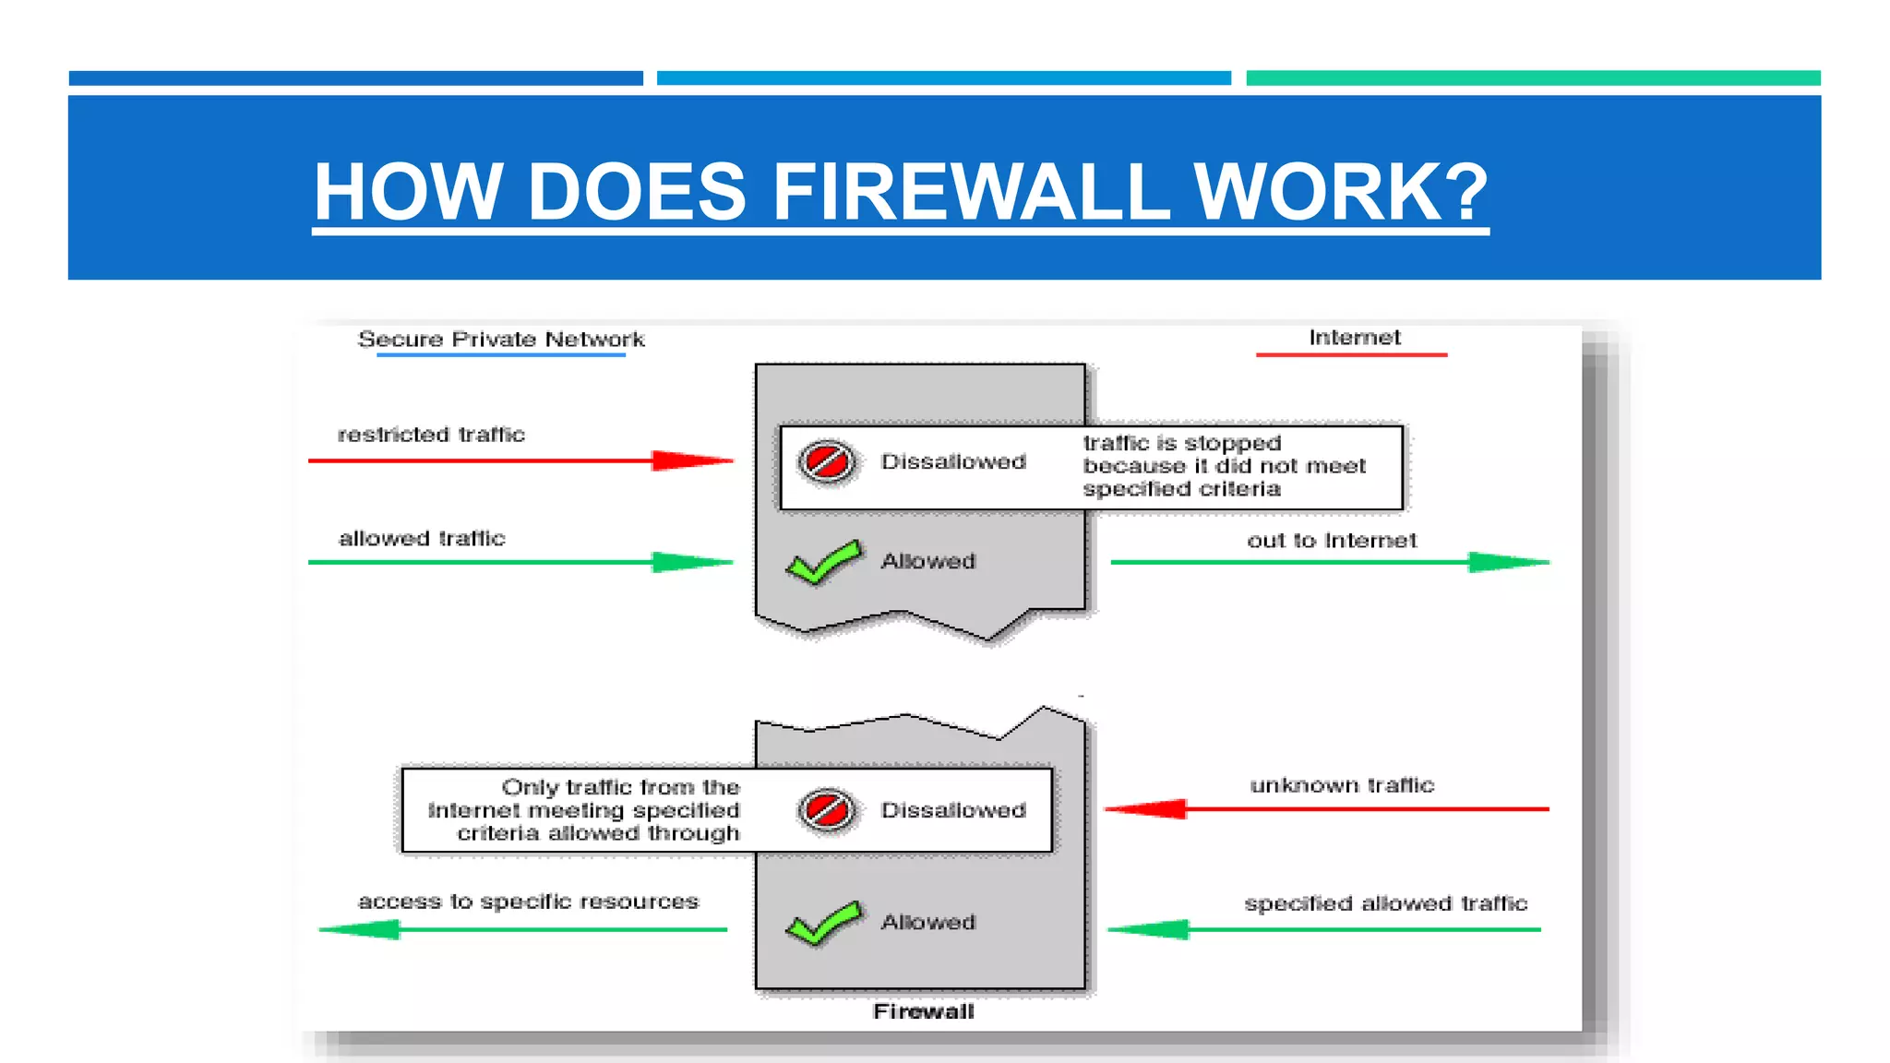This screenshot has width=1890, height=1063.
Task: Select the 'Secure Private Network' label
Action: point(501,340)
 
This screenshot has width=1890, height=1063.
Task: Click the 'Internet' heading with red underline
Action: point(1354,338)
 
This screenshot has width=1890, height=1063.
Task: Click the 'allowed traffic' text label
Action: point(422,538)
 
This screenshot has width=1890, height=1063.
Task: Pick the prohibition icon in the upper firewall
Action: point(826,461)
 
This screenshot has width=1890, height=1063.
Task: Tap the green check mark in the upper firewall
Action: point(824,563)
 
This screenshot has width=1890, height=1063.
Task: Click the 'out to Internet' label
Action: point(1332,541)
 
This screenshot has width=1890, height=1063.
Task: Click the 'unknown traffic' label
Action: point(1342,785)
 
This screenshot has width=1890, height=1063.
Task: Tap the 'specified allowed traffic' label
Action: point(1385,903)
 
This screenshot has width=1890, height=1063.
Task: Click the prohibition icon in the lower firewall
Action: point(826,810)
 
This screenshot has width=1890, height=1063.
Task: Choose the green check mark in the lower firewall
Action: point(824,924)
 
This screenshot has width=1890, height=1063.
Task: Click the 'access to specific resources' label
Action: point(528,902)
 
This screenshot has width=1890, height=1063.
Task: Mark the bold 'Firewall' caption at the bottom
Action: point(923,1011)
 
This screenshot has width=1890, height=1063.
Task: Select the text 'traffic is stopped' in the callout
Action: point(1181,443)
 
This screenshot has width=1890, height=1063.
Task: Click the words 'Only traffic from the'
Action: point(620,787)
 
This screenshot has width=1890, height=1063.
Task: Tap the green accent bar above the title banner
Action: point(1532,78)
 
